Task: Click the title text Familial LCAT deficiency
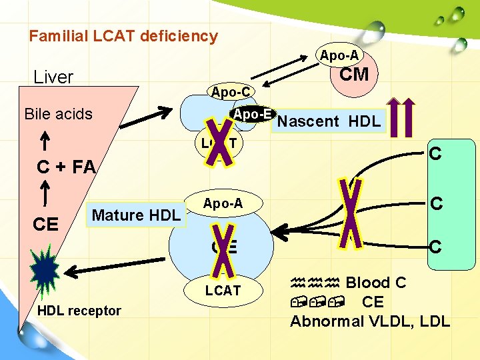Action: (x=123, y=36)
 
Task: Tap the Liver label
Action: (x=53, y=77)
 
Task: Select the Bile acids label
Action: (x=58, y=114)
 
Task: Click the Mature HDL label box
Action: (x=137, y=215)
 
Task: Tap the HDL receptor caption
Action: (x=79, y=311)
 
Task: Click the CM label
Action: (x=353, y=75)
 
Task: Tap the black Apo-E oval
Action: (x=253, y=114)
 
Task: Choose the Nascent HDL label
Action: (x=329, y=121)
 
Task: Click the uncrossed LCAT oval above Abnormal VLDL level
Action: (x=223, y=291)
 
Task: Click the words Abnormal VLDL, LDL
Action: (x=370, y=322)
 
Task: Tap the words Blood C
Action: (x=375, y=283)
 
